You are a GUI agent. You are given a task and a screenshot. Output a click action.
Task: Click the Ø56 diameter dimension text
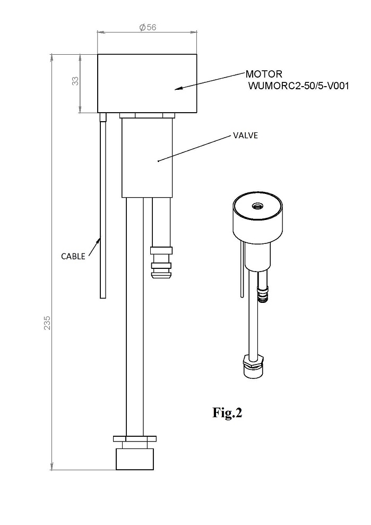(x=148, y=27)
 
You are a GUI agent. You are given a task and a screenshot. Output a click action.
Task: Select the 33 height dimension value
(x=76, y=81)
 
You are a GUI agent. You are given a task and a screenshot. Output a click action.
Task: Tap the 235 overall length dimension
(x=48, y=323)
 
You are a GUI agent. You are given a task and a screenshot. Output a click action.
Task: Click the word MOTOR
(x=264, y=74)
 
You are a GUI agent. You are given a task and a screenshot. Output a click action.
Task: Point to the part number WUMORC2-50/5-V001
(x=298, y=86)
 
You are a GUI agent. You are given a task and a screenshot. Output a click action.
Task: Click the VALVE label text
(x=246, y=136)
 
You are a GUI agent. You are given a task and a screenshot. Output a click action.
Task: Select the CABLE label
(x=73, y=257)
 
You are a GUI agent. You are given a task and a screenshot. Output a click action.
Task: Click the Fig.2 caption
(x=227, y=412)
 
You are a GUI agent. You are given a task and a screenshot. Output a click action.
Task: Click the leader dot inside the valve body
(x=158, y=161)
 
